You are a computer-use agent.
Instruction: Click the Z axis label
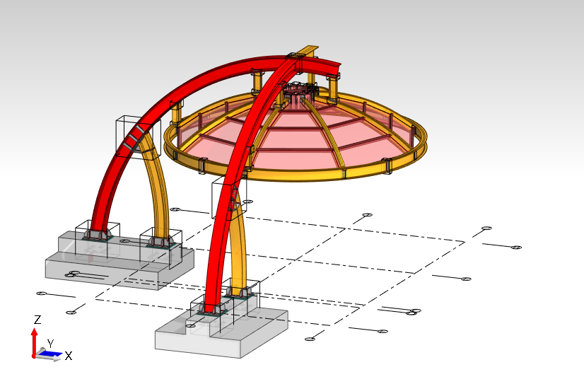37,320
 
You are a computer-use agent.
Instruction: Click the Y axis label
51,344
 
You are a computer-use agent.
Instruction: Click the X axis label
69,356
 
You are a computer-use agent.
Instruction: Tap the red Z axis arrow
34,342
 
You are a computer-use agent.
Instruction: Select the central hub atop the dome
299,93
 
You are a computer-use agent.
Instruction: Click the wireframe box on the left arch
139,136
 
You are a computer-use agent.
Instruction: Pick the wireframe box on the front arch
229,197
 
